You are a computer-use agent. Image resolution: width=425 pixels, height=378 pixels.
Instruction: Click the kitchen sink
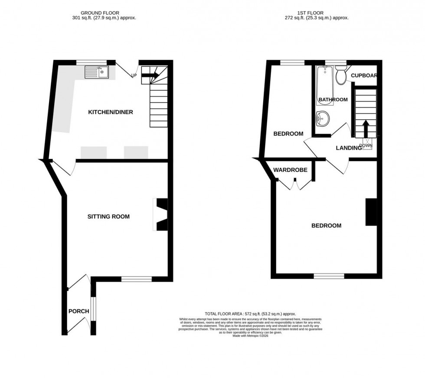point(97,72)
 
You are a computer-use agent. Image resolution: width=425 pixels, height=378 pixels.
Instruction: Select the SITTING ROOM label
point(108,216)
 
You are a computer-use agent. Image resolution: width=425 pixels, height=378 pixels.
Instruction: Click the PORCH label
point(78,311)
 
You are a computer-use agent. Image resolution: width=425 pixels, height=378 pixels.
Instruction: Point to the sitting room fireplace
point(161,215)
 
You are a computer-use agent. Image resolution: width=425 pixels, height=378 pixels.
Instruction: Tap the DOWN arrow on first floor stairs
point(366,128)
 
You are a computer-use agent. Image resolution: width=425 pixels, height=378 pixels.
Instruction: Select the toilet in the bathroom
point(341,76)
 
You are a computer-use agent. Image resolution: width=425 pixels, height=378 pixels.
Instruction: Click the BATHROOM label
point(333,99)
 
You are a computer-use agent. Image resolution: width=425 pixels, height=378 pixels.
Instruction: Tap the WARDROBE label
point(290,170)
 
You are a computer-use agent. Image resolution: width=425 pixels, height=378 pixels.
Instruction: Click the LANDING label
point(349,148)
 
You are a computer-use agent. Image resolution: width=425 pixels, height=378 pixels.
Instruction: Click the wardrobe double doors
point(293,184)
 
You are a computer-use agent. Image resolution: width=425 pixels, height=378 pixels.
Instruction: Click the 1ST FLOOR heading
point(320,13)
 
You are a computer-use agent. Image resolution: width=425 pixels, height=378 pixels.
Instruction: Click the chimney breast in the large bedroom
point(371,212)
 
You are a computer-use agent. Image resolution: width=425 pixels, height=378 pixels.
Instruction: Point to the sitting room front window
point(136,279)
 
